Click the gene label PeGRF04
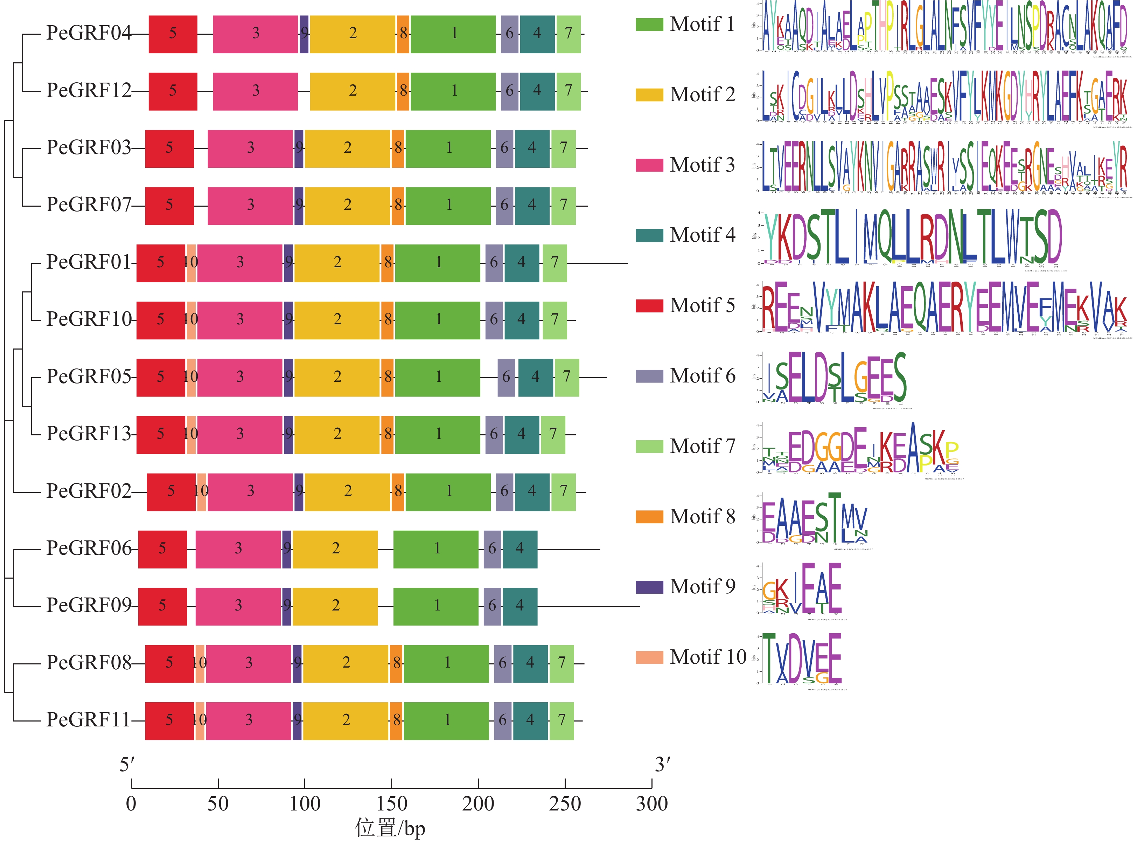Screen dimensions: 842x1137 point(89,33)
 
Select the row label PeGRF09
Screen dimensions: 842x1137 point(89,606)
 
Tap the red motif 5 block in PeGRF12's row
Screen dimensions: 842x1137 point(173,91)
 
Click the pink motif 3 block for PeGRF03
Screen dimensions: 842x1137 point(250,148)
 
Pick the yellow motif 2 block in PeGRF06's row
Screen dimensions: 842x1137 point(335,549)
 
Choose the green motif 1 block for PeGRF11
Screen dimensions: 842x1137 point(446,720)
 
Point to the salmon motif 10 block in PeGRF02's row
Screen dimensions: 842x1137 point(202,491)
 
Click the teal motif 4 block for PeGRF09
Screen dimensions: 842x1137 point(519,606)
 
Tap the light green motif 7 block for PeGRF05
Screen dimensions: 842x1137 point(566,377)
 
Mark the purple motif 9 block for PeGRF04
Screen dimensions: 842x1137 point(304,34)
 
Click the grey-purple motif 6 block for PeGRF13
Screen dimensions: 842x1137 point(494,434)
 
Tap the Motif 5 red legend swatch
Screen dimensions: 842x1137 point(649,305)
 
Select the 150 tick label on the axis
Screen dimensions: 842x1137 point(391,804)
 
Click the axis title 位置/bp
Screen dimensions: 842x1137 point(390,828)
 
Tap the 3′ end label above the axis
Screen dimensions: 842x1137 point(662,765)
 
